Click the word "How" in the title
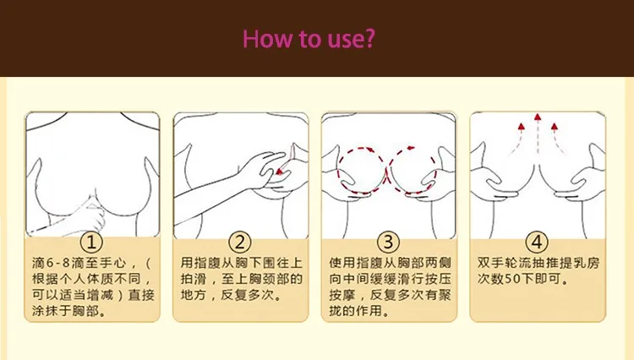tap(267, 40)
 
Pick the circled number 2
tap(239, 241)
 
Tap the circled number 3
tap(387, 241)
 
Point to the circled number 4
tap(536, 241)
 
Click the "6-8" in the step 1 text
tap(56, 262)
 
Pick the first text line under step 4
tap(536, 262)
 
